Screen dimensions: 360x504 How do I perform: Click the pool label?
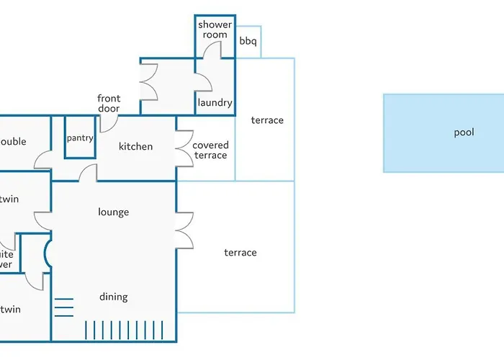(464, 132)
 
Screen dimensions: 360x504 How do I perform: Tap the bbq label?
(248, 42)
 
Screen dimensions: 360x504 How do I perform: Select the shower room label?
(215, 30)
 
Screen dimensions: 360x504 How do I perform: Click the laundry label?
(215, 103)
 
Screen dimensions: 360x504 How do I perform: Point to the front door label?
(109, 104)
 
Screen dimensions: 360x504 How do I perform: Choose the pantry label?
(80, 138)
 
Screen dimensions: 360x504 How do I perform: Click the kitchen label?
(135, 147)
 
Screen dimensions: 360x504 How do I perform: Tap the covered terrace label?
(210, 150)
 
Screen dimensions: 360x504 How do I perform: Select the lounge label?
(113, 212)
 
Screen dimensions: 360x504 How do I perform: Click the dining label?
(113, 297)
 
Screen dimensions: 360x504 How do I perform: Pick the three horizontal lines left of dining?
(64, 307)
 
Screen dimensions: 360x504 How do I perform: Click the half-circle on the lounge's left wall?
(48, 253)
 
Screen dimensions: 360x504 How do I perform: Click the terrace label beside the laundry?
(267, 120)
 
